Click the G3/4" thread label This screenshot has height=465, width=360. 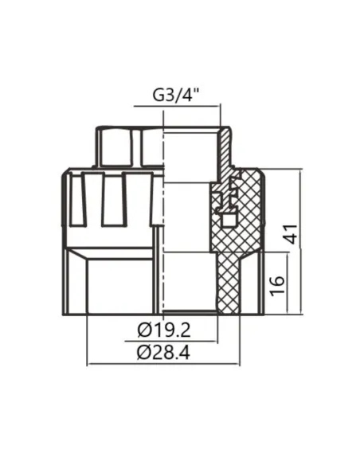tap(176, 96)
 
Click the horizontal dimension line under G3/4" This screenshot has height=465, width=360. tap(179, 109)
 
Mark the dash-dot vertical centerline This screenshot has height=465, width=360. tap(163, 239)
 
